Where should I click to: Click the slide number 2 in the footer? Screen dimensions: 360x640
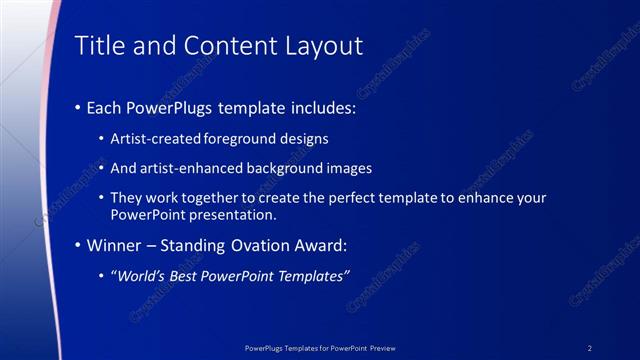(x=590, y=347)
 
